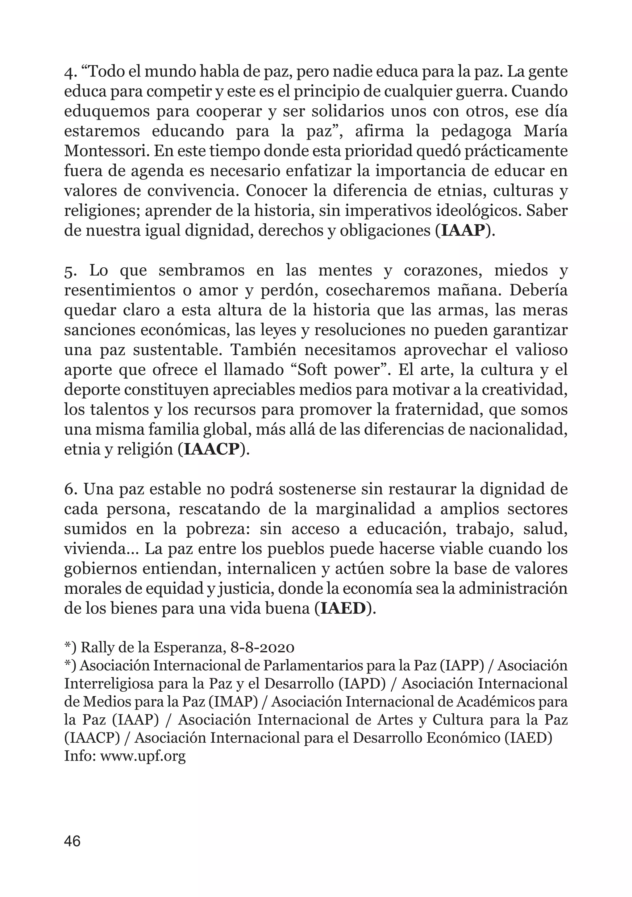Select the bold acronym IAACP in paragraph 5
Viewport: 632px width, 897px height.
[x=211, y=449]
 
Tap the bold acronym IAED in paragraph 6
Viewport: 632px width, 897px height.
[x=343, y=609]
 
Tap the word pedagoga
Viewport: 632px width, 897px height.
[x=476, y=131]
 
